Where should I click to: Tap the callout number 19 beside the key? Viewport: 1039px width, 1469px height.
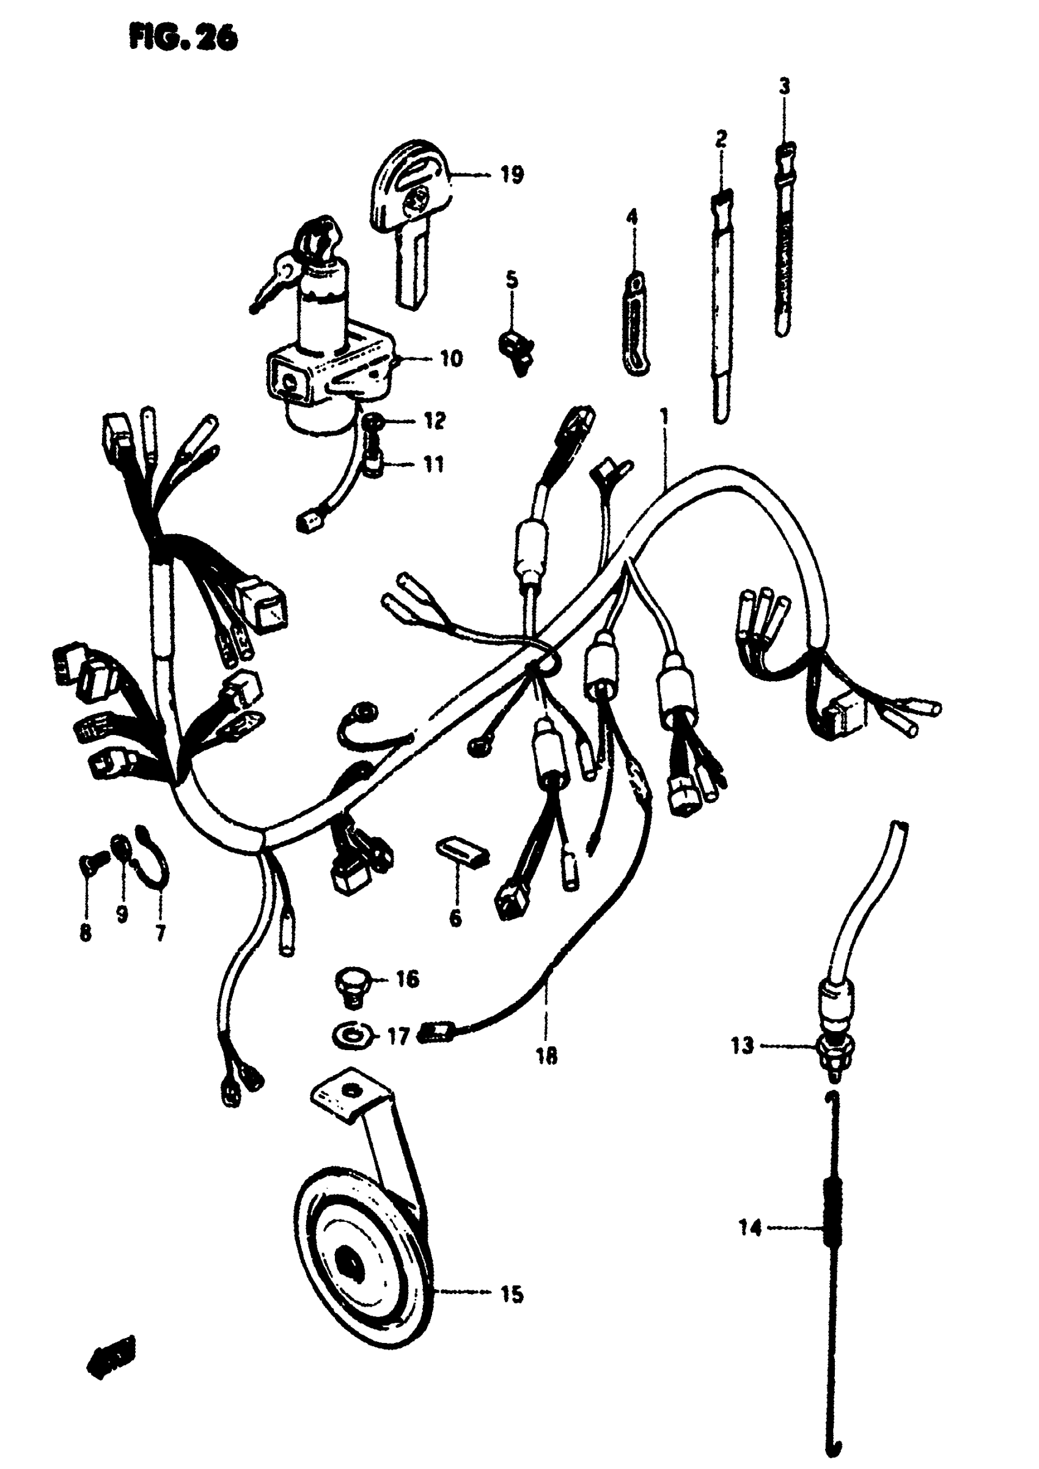[x=512, y=174]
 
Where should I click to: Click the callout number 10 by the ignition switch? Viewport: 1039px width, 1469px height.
[x=452, y=358]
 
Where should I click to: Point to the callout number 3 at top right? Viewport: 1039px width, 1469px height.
[x=784, y=86]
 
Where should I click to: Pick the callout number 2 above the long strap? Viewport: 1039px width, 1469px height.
[x=721, y=138]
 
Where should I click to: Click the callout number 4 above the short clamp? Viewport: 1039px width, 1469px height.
[x=632, y=218]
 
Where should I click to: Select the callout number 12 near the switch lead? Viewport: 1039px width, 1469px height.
[x=435, y=421]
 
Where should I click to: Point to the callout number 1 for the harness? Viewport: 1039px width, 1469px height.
[x=665, y=416]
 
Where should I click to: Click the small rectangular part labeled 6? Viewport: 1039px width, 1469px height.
[x=462, y=852]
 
